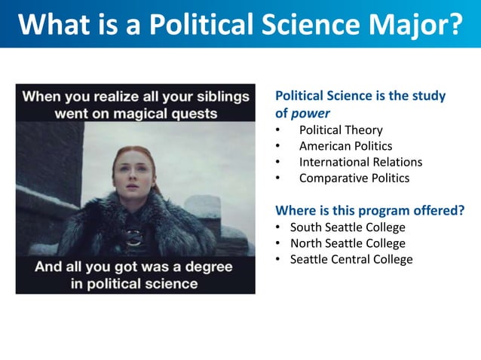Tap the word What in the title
click(54, 24)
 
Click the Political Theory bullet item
click(341, 130)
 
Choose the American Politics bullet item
click(345, 146)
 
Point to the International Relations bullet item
click(360, 162)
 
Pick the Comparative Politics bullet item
click(354, 178)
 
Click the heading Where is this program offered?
click(369, 210)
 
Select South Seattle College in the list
click(348, 227)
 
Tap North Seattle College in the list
click(348, 243)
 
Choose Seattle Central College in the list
click(351, 259)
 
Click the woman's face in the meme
click(134, 175)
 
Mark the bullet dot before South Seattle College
click(278, 227)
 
